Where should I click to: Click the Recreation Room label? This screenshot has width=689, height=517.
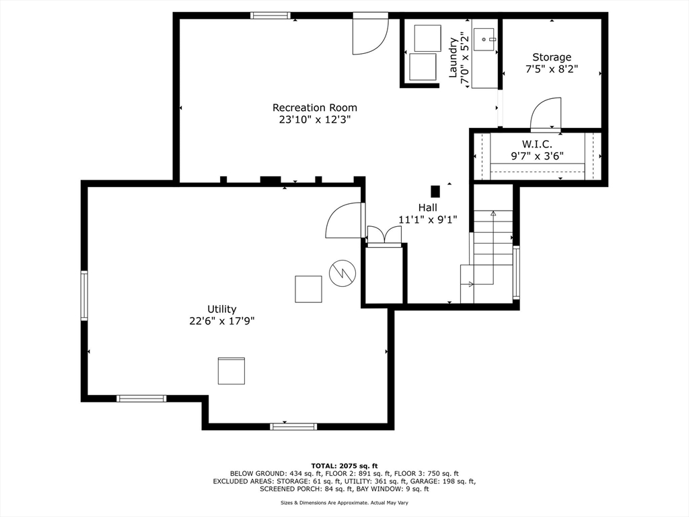315,108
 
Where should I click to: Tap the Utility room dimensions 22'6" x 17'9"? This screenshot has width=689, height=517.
222,321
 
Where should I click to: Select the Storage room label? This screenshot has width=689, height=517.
552,57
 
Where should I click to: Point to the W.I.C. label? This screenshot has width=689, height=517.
537,144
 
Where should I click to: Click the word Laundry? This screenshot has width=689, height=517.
453,58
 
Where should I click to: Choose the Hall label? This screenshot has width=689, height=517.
427,207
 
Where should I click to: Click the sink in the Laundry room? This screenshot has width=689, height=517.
484,40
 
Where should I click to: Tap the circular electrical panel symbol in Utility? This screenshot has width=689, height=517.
342,273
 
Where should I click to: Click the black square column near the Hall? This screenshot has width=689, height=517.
435,192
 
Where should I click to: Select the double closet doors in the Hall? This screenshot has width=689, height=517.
384,235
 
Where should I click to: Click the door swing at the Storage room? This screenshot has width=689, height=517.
546,114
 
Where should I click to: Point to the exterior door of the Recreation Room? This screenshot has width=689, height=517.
371,34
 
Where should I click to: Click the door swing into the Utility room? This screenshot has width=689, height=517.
345,220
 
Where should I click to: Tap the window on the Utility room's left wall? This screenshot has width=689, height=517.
84,296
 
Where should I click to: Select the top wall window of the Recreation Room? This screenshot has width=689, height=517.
270,16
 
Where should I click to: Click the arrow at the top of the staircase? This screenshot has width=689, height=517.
493,213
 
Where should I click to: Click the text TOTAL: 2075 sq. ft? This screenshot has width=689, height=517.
344,466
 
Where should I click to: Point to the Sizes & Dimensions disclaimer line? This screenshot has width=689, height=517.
344,502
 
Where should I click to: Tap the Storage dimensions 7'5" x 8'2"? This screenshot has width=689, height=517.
552,69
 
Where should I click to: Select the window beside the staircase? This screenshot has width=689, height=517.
516,273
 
